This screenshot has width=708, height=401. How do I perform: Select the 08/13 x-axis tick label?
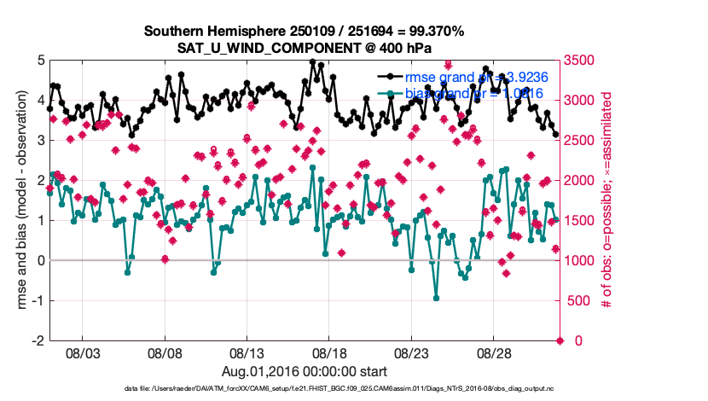click(x=247, y=352)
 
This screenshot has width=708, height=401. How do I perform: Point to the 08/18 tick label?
click(x=330, y=352)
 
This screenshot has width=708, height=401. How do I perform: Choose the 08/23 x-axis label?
click(x=412, y=352)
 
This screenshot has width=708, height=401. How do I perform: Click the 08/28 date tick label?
click(x=495, y=352)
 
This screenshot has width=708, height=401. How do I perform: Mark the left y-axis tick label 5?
click(x=40, y=61)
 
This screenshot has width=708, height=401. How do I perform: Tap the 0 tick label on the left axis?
click(x=40, y=260)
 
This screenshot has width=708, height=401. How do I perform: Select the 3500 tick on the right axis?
click(x=583, y=61)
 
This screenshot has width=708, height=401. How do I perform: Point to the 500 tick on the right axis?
click(x=580, y=300)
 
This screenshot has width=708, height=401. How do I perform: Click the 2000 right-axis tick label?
click(x=583, y=181)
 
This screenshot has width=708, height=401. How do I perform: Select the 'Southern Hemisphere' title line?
click(x=304, y=32)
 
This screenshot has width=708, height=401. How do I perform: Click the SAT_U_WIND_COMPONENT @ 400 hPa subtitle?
click(x=304, y=48)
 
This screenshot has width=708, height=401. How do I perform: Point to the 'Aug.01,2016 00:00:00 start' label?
click(x=305, y=371)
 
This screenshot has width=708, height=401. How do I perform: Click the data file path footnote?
click(x=339, y=388)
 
